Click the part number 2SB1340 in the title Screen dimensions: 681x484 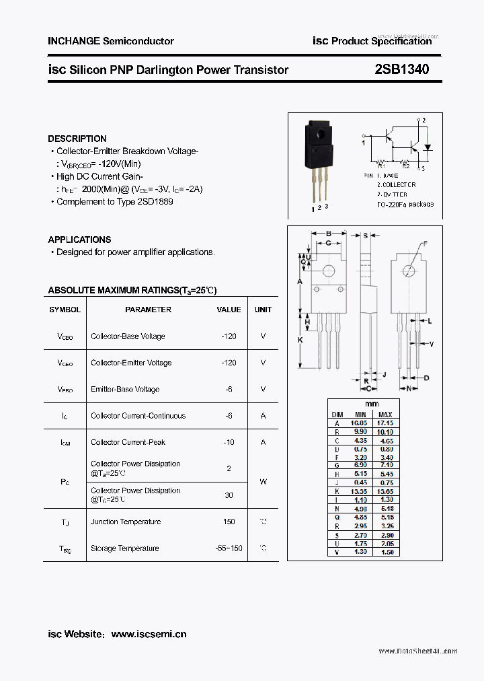click(x=402, y=69)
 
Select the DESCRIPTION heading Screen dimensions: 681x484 click(x=77, y=139)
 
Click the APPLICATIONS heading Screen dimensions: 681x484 click(x=79, y=240)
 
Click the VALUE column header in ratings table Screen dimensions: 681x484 click(x=229, y=310)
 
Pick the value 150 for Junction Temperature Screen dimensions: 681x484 click(x=229, y=522)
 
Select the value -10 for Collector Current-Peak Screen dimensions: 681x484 click(x=229, y=442)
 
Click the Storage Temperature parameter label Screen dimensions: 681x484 click(x=124, y=548)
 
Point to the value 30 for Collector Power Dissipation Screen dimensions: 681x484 click(x=229, y=495)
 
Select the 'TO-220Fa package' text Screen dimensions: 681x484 click(x=405, y=204)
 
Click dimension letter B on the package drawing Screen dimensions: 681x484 click(x=328, y=234)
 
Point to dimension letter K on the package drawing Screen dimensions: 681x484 click(x=300, y=340)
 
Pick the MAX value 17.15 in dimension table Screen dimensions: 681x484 click(x=385, y=423)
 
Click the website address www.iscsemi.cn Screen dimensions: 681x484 click(x=149, y=634)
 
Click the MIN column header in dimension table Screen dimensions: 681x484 click(x=360, y=415)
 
